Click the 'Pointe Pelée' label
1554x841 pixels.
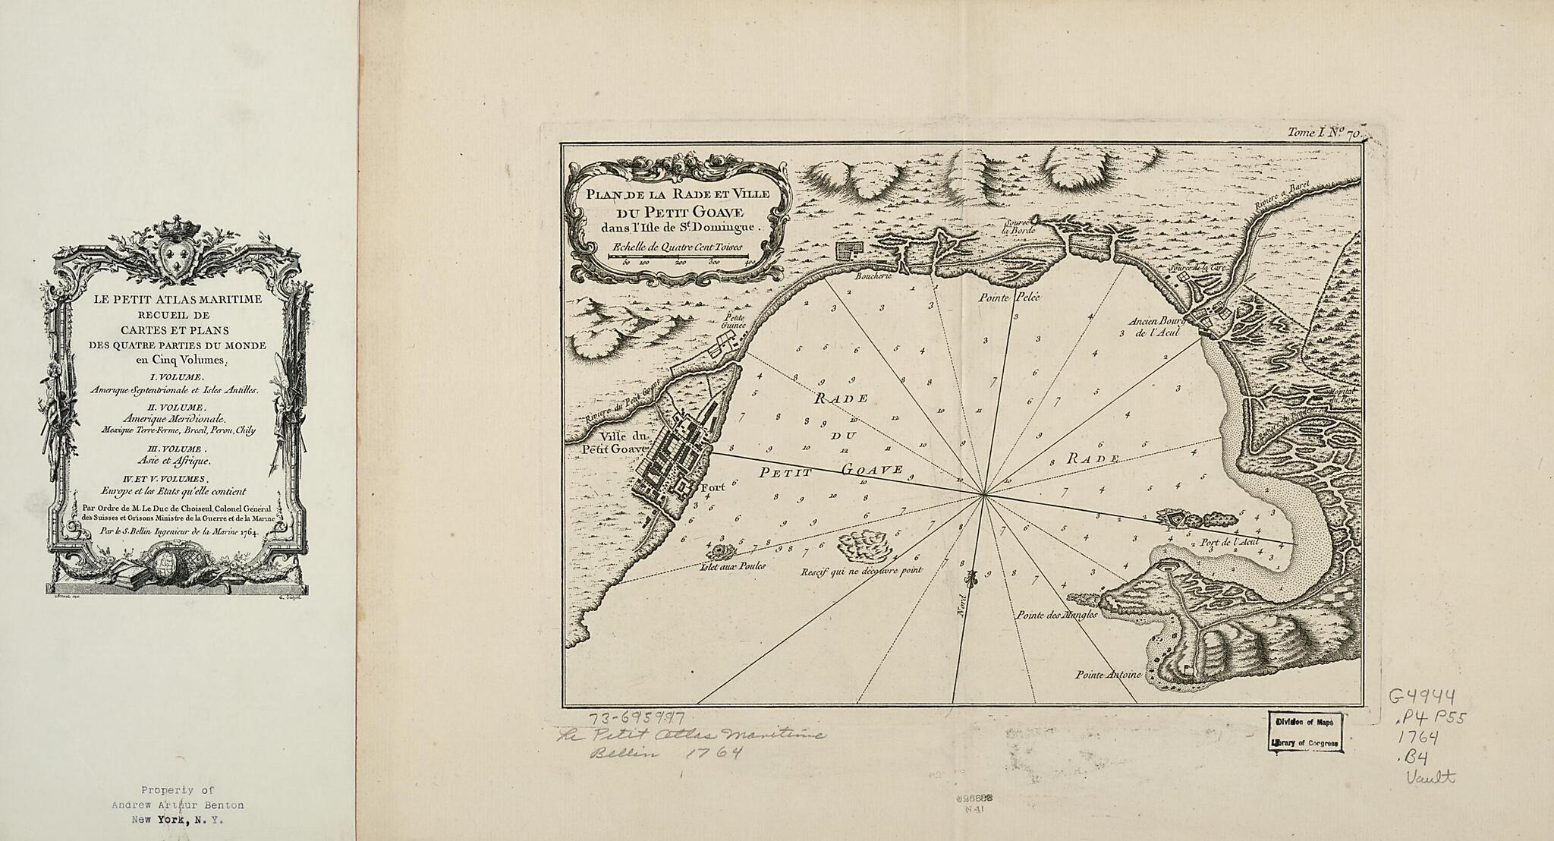(x=1008, y=298)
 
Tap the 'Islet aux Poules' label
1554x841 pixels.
(x=735, y=565)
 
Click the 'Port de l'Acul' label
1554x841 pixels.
(x=1230, y=543)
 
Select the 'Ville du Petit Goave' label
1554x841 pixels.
(x=612, y=443)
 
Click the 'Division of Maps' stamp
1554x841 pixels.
(x=1304, y=722)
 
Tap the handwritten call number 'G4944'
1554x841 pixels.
(x=1421, y=698)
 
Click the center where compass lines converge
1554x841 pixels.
(x=983, y=495)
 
